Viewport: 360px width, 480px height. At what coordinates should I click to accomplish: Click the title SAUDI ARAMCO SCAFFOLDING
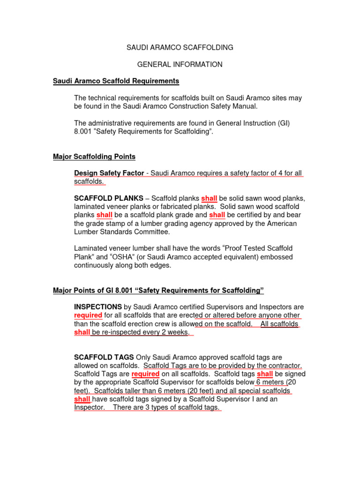[x=180, y=47]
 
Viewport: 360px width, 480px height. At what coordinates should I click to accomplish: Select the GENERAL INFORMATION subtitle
[x=180, y=64]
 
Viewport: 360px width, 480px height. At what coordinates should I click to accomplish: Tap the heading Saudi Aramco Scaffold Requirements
[x=116, y=81]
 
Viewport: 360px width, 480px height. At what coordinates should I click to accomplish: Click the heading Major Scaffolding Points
[x=94, y=156]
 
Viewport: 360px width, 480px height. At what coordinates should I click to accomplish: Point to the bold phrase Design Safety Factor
[x=109, y=173]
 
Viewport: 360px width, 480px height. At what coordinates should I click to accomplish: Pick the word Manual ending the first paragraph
[x=245, y=106]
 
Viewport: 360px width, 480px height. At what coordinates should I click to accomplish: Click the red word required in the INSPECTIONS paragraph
[x=88, y=315]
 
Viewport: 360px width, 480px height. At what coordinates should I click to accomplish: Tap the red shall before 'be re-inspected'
[x=82, y=332]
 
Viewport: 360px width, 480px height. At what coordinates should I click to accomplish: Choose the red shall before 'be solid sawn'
[x=209, y=198]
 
